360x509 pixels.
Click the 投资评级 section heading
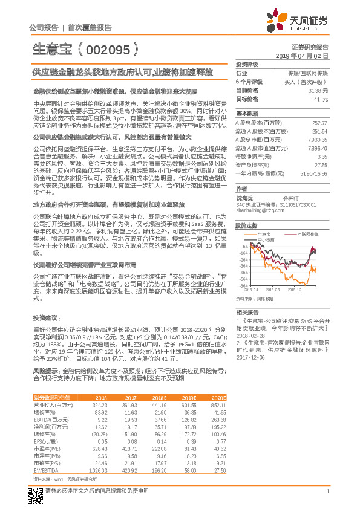(247, 63)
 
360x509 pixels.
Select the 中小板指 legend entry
(266, 239)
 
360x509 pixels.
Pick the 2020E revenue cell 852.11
(218, 405)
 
